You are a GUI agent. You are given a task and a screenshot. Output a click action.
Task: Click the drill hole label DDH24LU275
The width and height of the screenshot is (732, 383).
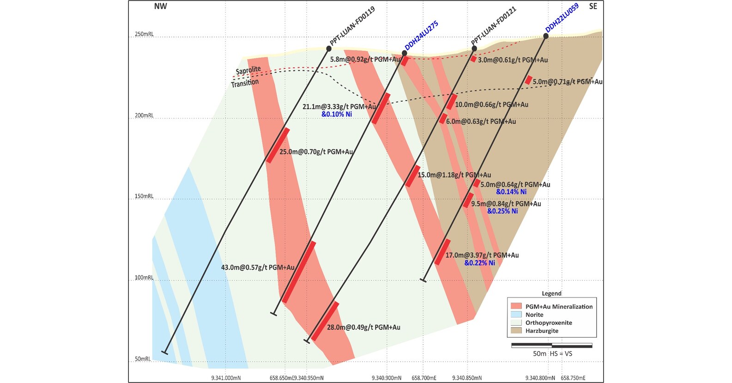(421, 36)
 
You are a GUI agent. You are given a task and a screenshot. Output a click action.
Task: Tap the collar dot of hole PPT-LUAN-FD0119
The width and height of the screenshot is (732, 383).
(329, 49)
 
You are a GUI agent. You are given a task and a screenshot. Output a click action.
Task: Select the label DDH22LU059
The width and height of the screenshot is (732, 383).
(562, 18)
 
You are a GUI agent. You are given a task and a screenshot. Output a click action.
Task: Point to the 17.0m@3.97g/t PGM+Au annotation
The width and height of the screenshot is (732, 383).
(482, 255)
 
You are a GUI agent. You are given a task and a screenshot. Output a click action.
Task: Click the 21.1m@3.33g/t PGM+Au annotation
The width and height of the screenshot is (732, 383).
(339, 107)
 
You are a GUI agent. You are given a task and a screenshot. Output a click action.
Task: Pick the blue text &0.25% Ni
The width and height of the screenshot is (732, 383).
(502, 211)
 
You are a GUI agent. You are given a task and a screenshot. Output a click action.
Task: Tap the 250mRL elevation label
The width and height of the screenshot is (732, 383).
(144, 34)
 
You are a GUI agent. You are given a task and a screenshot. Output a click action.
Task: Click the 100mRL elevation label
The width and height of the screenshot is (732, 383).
(144, 278)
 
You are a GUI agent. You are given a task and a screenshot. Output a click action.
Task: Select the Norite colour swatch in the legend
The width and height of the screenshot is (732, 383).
(516, 315)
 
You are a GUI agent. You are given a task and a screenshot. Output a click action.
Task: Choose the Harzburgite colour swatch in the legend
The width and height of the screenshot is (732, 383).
(516, 331)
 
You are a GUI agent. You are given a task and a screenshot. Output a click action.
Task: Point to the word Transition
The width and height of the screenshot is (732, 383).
(245, 83)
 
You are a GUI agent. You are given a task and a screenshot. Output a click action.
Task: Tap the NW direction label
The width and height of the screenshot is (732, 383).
(160, 6)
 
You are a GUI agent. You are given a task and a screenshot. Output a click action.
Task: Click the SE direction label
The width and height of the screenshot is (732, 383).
(593, 6)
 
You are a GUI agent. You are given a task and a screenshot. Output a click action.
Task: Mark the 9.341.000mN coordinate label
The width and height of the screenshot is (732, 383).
(226, 378)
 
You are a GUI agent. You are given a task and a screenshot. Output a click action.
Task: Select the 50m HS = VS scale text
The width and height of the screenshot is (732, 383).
(552, 353)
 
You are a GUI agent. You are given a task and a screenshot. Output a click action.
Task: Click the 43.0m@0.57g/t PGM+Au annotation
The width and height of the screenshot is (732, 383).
(258, 267)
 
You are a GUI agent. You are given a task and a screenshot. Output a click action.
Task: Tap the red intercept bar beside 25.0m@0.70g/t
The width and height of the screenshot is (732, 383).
(278, 145)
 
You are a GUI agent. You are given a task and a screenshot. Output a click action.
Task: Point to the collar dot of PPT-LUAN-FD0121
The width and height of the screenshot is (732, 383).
(474, 49)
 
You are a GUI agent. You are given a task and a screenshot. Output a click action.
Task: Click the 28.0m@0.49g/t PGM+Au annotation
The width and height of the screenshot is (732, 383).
(363, 327)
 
